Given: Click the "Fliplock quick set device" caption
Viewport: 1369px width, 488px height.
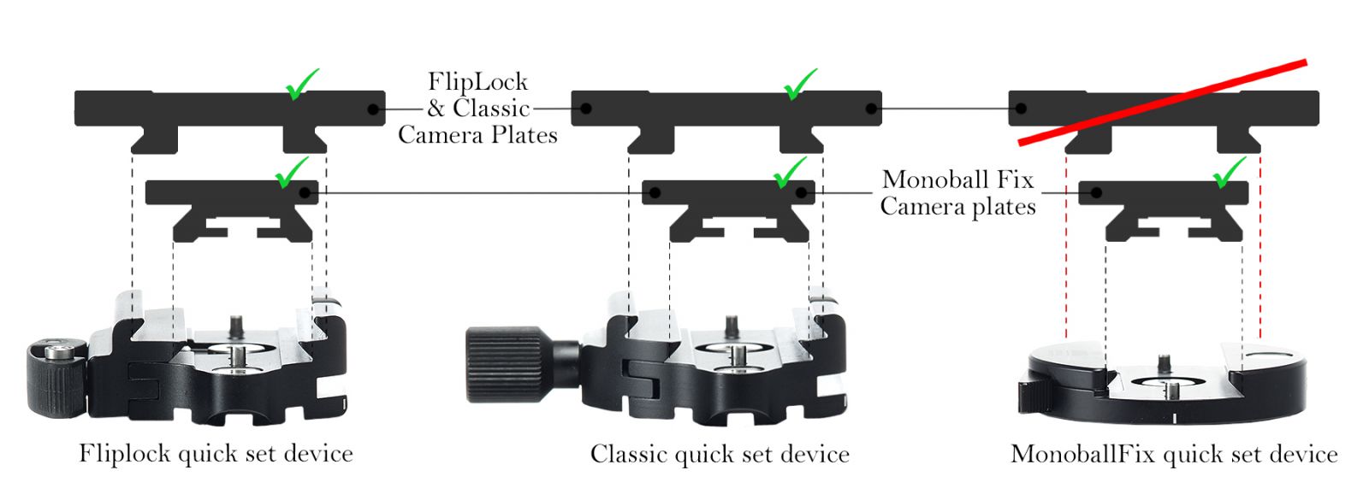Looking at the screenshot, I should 216,452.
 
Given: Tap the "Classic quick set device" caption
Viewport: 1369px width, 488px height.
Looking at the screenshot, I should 720,454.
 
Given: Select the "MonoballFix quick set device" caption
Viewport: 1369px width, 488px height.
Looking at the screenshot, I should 1174,454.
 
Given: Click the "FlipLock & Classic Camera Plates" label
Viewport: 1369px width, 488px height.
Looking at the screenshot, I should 477,109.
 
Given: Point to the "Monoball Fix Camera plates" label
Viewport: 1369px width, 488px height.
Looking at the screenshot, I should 957,193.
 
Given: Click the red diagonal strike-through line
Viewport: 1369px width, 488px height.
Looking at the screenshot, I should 1164,101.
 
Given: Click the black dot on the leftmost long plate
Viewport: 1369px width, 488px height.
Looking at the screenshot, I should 372,109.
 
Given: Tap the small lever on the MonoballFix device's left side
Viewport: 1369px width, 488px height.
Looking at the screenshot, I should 1028,395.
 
